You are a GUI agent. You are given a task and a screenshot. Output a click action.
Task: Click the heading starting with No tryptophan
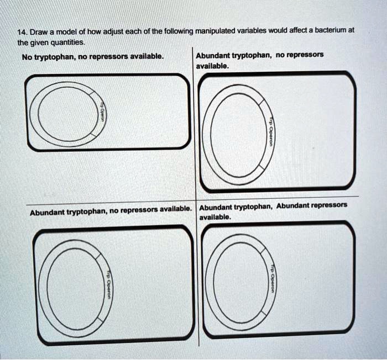[x=92, y=57]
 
